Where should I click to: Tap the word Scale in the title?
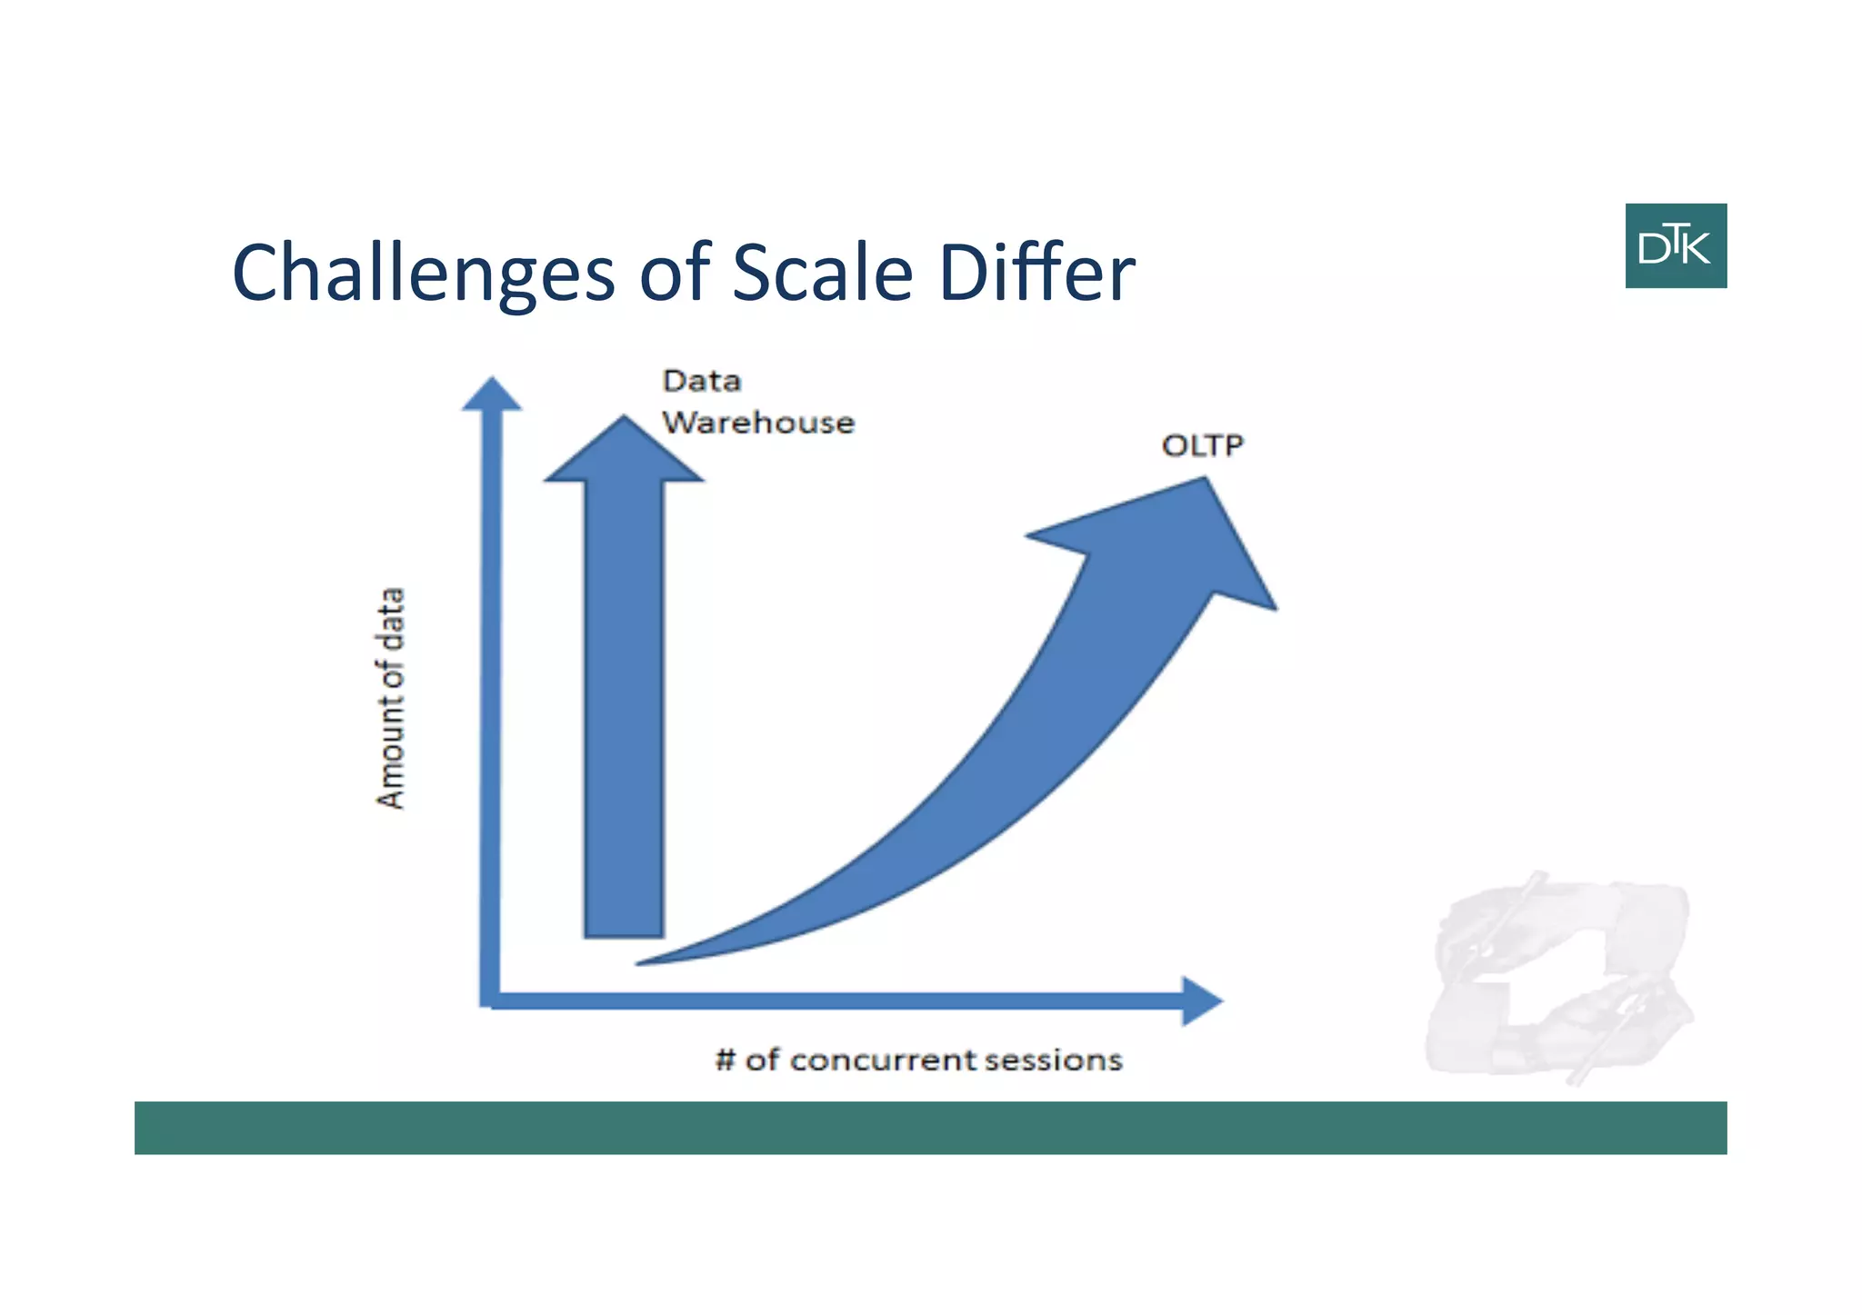tap(822, 274)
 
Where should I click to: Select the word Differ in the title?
tap(1036, 272)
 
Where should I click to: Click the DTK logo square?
tap(1675, 245)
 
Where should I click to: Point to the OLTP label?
tap(1202, 445)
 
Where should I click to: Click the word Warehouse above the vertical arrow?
tap(757, 423)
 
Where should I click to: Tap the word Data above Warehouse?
tap(701, 381)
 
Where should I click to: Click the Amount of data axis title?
tap(390, 698)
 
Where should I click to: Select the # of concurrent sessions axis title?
tap(918, 1060)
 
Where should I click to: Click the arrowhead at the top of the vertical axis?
tap(492, 396)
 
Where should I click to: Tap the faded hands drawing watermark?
tap(1559, 977)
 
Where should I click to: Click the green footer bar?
tap(930, 1128)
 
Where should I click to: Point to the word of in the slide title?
tap(673, 272)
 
